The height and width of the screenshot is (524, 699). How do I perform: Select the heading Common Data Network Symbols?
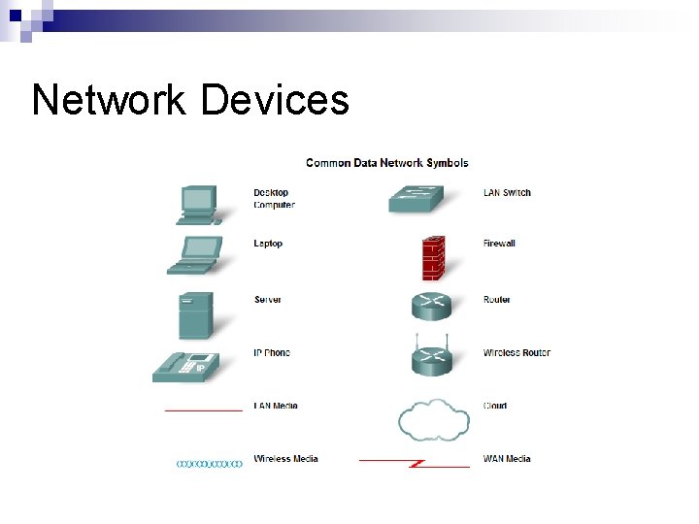tap(386, 162)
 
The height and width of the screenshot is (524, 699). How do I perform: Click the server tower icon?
tap(194, 313)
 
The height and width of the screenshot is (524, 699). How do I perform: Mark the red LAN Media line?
tap(203, 410)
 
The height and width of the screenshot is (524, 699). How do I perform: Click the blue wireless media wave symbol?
tap(209, 464)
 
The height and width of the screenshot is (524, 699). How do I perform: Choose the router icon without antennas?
tap(431, 305)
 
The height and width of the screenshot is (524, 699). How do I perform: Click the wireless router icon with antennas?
tap(431, 357)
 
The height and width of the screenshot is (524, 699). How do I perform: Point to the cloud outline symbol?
tap(432, 420)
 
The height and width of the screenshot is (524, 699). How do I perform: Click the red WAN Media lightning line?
tap(415, 463)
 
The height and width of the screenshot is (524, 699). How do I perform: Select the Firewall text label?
tap(499, 244)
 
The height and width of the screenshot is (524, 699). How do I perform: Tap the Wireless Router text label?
tap(516, 352)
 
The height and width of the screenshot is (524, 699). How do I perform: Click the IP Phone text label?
tap(272, 352)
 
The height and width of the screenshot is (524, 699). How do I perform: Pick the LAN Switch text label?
tap(507, 192)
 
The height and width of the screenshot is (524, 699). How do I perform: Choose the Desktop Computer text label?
tap(274, 198)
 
